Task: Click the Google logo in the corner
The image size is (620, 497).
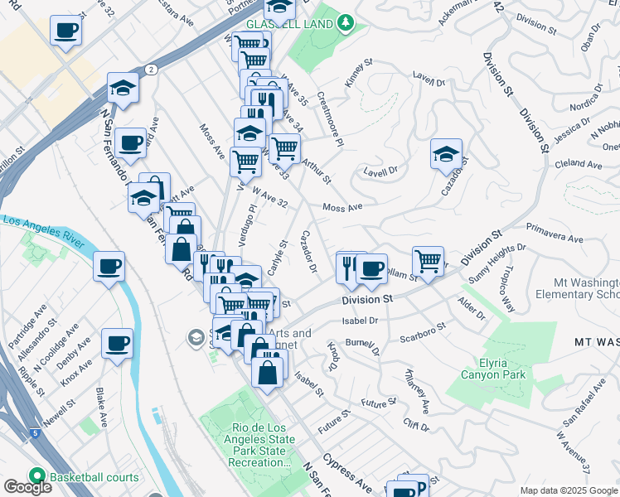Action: [x=27, y=487]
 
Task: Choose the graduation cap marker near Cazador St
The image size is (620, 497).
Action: [x=446, y=154]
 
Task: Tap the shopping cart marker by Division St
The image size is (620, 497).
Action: [x=428, y=261]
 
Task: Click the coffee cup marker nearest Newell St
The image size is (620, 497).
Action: [x=117, y=343]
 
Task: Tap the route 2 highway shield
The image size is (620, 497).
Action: [x=150, y=69]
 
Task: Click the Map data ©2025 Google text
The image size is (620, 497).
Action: [x=568, y=490]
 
